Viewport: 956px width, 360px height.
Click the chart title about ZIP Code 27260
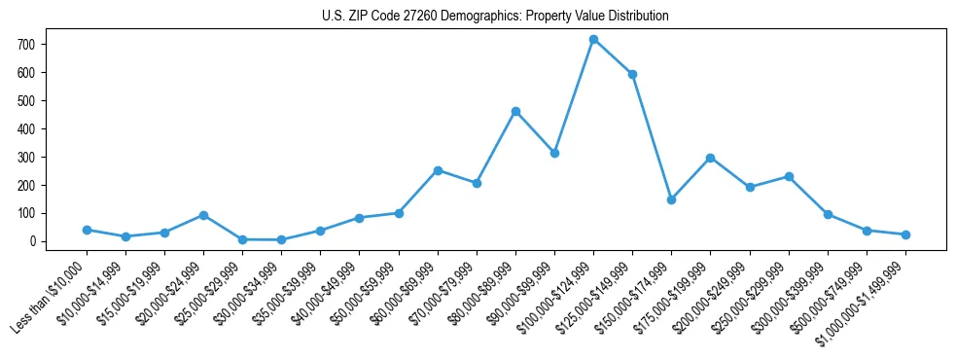click(x=495, y=17)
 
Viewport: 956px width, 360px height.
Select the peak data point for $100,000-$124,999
click(x=593, y=40)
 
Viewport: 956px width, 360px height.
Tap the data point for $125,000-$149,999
click(x=632, y=74)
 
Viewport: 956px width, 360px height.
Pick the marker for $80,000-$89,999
click(x=515, y=111)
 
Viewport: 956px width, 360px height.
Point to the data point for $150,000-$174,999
click(x=671, y=199)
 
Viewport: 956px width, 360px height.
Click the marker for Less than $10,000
click(x=87, y=230)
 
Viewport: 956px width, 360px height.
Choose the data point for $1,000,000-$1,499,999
click(x=905, y=234)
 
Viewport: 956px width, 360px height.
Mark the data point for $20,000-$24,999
click(x=203, y=215)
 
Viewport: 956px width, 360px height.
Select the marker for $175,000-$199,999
click(x=711, y=158)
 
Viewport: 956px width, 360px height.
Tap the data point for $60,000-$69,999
click(x=438, y=170)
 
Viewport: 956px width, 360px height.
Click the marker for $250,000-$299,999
click(x=789, y=176)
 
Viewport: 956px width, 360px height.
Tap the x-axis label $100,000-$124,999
click(x=555, y=298)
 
